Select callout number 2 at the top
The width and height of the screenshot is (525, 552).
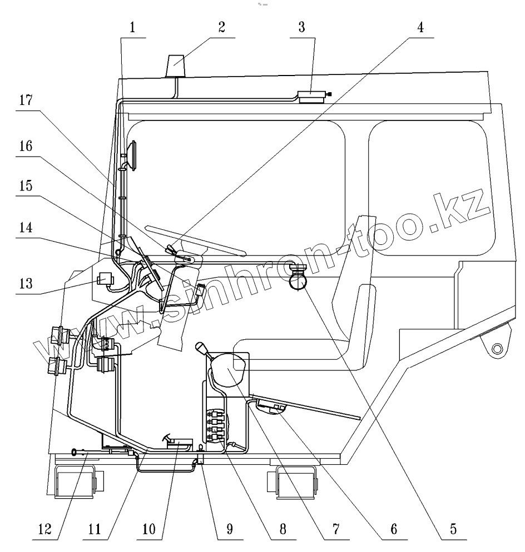[222, 29]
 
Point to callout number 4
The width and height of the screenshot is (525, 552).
[421, 29]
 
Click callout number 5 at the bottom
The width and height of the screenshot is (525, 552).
[454, 529]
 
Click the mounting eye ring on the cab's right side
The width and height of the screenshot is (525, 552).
[497, 349]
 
